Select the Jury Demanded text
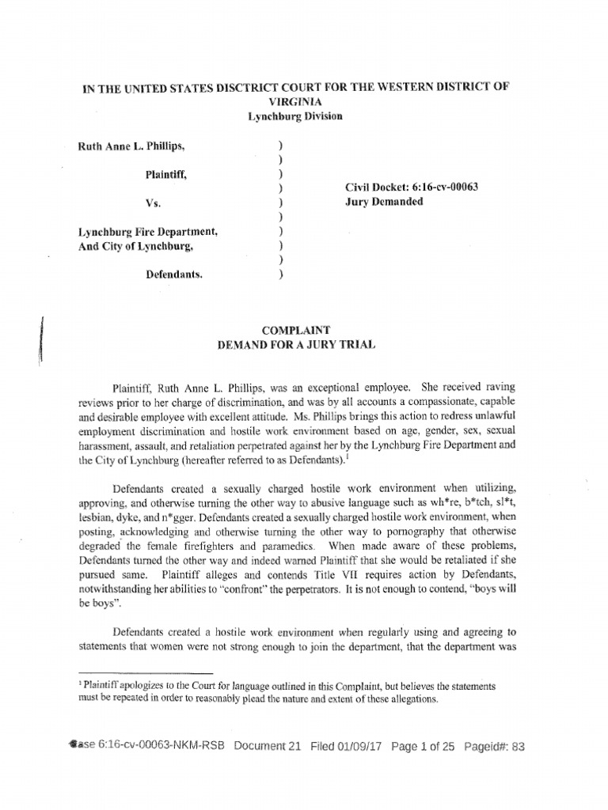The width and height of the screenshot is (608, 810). click(x=384, y=202)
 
